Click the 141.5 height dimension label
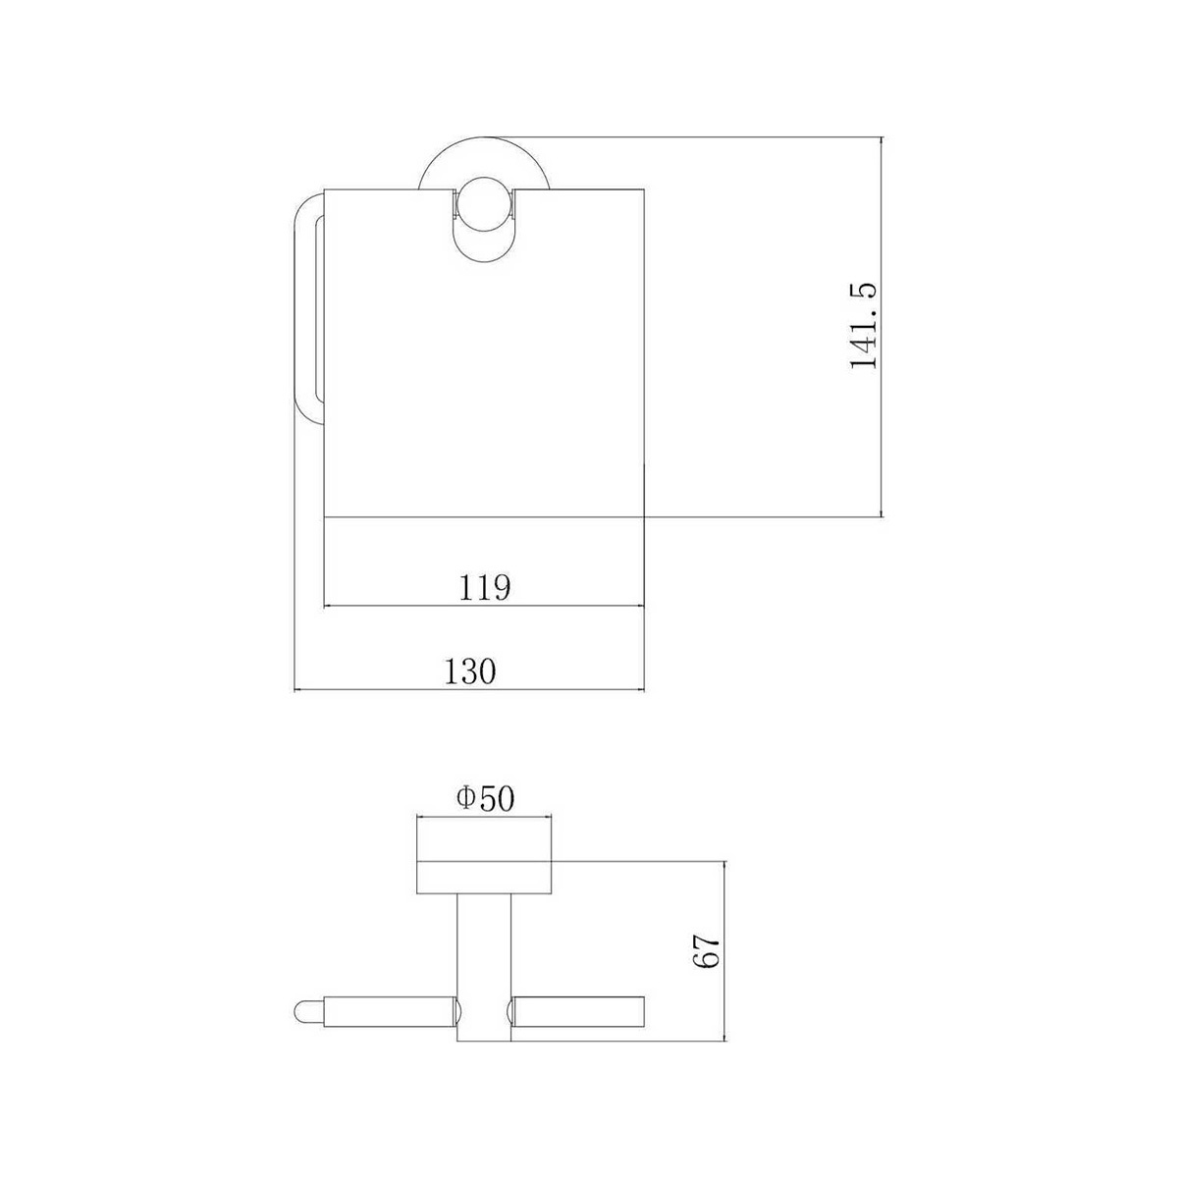(863, 326)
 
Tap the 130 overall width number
(469, 671)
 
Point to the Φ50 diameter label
(485, 799)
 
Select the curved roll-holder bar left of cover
(307, 303)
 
